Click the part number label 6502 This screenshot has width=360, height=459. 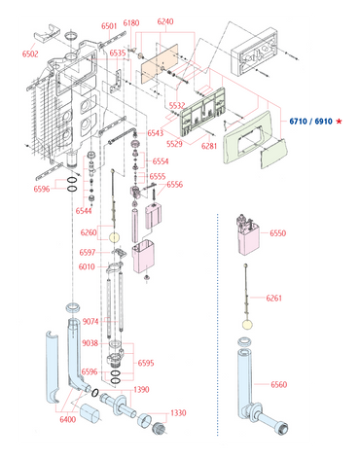30,53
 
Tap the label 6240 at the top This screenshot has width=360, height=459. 165,21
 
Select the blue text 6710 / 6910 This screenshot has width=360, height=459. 311,122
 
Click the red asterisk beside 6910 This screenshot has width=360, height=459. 339,122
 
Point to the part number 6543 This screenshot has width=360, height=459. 156,133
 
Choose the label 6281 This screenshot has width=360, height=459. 209,146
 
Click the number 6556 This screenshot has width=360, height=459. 175,185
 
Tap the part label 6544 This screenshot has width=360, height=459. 84,211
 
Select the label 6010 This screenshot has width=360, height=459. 87,266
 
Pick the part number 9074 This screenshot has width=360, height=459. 90,321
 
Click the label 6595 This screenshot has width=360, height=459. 146,363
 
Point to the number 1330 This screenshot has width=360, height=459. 178,412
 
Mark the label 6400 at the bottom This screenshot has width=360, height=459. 68,419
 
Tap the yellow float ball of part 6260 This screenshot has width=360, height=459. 114,237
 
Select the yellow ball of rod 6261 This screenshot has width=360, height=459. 247,324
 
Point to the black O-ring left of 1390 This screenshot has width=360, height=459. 94,393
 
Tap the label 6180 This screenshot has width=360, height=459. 131,23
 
